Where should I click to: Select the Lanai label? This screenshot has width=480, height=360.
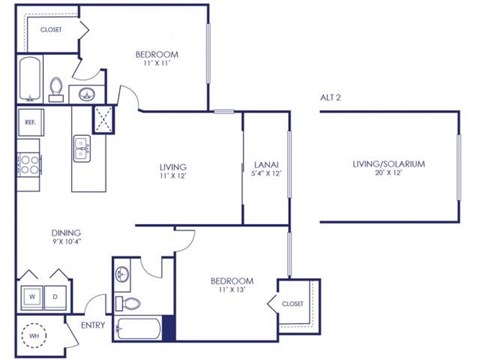[x=266, y=163]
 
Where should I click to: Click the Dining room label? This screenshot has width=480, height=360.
[x=39, y=233]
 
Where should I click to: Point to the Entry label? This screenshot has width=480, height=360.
[x=92, y=323]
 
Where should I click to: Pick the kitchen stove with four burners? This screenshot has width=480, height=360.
[x=28, y=162]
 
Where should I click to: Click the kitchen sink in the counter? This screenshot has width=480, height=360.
[x=82, y=150]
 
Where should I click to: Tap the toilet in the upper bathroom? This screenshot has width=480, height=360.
[x=56, y=89]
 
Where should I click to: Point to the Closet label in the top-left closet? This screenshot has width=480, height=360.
[x=50, y=30]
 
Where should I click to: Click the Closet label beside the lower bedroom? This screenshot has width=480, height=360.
[x=292, y=303]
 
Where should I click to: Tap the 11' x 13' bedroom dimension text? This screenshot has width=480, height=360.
[x=231, y=292]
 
